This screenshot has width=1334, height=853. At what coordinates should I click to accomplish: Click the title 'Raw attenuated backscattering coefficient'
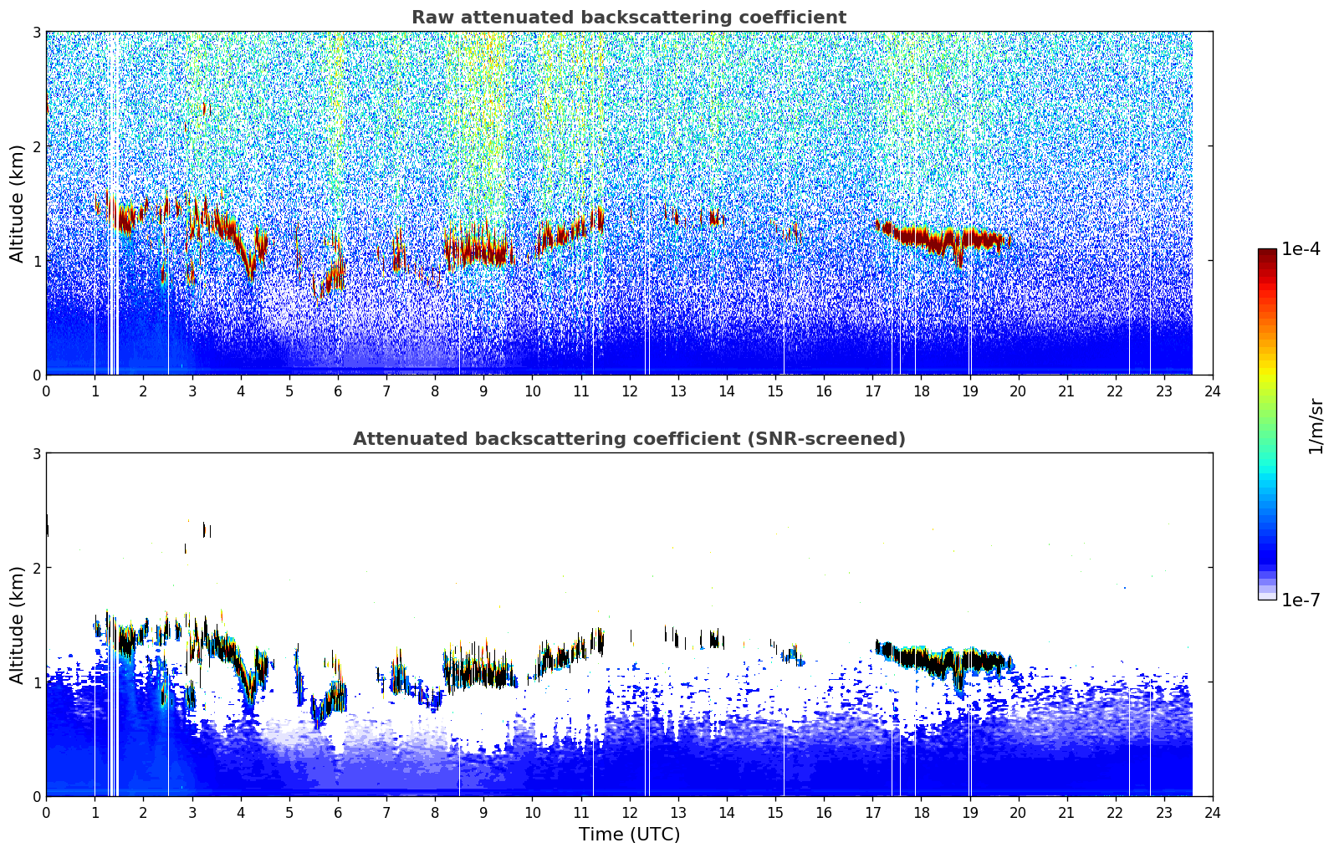(629, 18)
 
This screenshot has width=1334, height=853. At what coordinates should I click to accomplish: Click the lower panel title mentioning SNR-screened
(629, 438)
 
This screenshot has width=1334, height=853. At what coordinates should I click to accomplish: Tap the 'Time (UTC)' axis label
(629, 834)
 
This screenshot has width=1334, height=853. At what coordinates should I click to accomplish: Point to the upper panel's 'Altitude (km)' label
(17, 204)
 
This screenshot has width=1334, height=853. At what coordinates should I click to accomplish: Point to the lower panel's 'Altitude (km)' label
(17, 625)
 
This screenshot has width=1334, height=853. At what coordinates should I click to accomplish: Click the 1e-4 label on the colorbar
(1301, 248)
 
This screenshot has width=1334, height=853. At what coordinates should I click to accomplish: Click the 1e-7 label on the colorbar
(1301, 600)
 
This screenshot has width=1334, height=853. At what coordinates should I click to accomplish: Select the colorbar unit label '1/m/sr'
(1315, 426)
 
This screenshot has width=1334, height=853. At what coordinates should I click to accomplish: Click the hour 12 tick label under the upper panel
(630, 391)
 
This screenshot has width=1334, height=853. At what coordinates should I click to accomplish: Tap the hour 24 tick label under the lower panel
(1213, 813)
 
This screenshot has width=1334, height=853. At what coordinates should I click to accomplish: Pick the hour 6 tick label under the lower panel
(338, 813)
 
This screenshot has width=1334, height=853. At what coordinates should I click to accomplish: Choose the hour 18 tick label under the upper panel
(922, 391)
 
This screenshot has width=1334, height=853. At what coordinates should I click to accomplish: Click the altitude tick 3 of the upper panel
(36, 32)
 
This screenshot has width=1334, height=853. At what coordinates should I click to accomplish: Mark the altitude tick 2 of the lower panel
(36, 569)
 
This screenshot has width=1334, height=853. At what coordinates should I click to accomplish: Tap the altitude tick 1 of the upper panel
(36, 261)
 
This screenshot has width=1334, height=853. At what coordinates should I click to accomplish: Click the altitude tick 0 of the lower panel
(36, 797)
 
